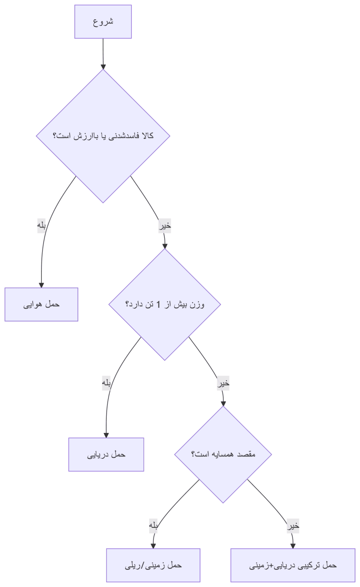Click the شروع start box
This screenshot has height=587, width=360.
[103, 22]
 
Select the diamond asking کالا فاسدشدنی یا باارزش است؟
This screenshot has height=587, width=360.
[103, 136]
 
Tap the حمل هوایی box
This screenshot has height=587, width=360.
[42, 304]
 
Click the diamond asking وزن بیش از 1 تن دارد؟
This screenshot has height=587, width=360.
[164, 304]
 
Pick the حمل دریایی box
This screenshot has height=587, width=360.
[106, 454]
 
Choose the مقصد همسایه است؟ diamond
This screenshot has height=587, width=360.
[223, 454]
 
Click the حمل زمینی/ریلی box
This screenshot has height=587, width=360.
[153, 565]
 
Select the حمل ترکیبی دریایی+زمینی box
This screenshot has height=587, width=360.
[293, 565]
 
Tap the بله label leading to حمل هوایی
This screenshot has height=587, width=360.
[42, 226]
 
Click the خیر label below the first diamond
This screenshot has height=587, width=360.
[165, 226]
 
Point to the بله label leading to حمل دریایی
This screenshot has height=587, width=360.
[106, 383]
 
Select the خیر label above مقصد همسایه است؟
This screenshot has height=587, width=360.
[223, 383]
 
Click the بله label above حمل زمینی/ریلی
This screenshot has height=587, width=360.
[153, 526]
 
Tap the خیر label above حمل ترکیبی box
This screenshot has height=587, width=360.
[293, 526]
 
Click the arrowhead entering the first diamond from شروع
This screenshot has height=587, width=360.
[103, 67]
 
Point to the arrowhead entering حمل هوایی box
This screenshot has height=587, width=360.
[42, 285]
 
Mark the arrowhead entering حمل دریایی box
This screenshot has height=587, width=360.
[106, 435]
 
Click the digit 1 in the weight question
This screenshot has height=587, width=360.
[158, 304]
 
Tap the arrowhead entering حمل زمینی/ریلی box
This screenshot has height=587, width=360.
[153, 546]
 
